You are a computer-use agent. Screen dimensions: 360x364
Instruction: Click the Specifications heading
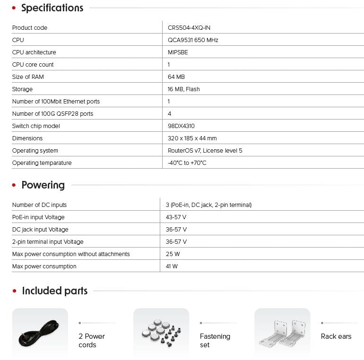tap(52, 8)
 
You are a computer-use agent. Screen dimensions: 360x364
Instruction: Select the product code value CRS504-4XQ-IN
tap(189, 28)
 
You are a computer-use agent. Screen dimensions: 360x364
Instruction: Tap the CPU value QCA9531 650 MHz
tap(193, 40)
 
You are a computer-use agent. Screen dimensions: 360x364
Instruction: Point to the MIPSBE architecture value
tap(178, 52)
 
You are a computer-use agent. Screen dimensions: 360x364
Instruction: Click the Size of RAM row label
tap(28, 77)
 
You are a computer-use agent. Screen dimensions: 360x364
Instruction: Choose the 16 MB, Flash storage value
tap(184, 89)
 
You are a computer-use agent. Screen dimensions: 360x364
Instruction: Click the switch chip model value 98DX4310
tap(181, 126)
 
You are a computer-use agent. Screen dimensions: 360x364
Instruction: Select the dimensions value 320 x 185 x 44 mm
tap(192, 138)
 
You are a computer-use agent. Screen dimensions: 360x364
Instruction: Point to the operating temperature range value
tap(187, 163)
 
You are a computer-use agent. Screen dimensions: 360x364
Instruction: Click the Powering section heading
tap(43, 185)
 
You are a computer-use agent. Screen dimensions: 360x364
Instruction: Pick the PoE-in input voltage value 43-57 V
tap(176, 217)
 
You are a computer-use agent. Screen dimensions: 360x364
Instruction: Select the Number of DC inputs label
tap(39, 205)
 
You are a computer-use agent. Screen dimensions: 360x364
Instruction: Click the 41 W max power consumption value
tap(172, 266)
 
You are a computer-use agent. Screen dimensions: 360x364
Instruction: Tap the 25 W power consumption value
tap(172, 254)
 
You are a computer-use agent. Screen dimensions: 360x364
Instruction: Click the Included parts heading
tap(55, 291)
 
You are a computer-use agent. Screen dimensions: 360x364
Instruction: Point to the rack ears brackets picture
tap(282, 334)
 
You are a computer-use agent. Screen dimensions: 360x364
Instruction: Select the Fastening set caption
tap(215, 341)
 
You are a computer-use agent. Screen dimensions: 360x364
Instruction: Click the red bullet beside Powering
tap(14, 185)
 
